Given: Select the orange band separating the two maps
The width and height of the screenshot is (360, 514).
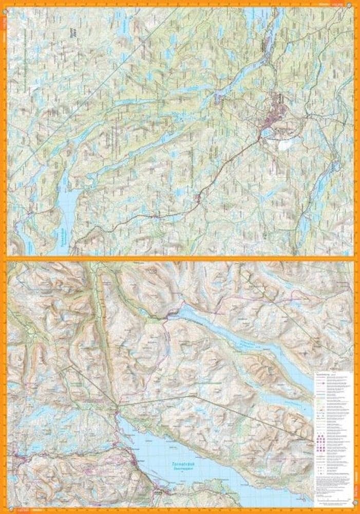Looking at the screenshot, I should click(180, 259).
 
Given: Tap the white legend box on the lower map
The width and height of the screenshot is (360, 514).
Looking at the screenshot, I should click(334, 432).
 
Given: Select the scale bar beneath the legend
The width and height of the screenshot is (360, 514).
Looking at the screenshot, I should click(334, 498).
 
